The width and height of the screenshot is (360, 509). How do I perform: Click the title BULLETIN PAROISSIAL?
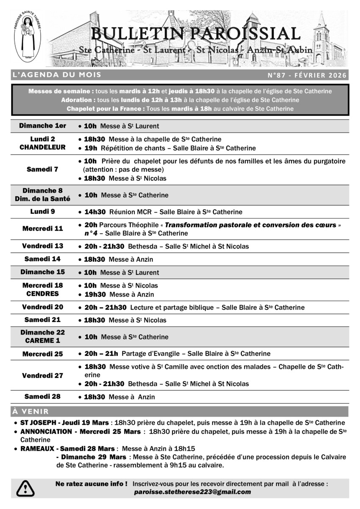click(x=195, y=33)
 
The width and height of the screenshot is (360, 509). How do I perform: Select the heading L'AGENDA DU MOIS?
click(x=57, y=75)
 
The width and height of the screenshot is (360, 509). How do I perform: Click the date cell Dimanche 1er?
click(x=43, y=126)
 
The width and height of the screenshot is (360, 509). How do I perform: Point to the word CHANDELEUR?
click(x=43, y=148)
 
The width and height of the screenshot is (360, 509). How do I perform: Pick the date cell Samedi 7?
click(x=43, y=169)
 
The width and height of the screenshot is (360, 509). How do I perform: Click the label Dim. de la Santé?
click(x=43, y=199)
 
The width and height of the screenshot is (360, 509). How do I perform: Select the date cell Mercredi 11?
click(x=43, y=229)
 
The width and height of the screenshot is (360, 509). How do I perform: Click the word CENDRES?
click(x=43, y=294)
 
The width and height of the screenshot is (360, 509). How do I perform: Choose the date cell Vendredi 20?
click(x=43, y=307)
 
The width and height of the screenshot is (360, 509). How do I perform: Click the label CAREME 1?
click(x=43, y=341)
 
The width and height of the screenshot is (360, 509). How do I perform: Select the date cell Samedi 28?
click(x=43, y=397)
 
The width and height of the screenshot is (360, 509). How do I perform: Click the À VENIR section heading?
click(x=31, y=411)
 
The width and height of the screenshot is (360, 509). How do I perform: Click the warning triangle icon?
click(x=26, y=488)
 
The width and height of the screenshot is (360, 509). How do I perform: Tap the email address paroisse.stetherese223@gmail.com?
click(x=192, y=492)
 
